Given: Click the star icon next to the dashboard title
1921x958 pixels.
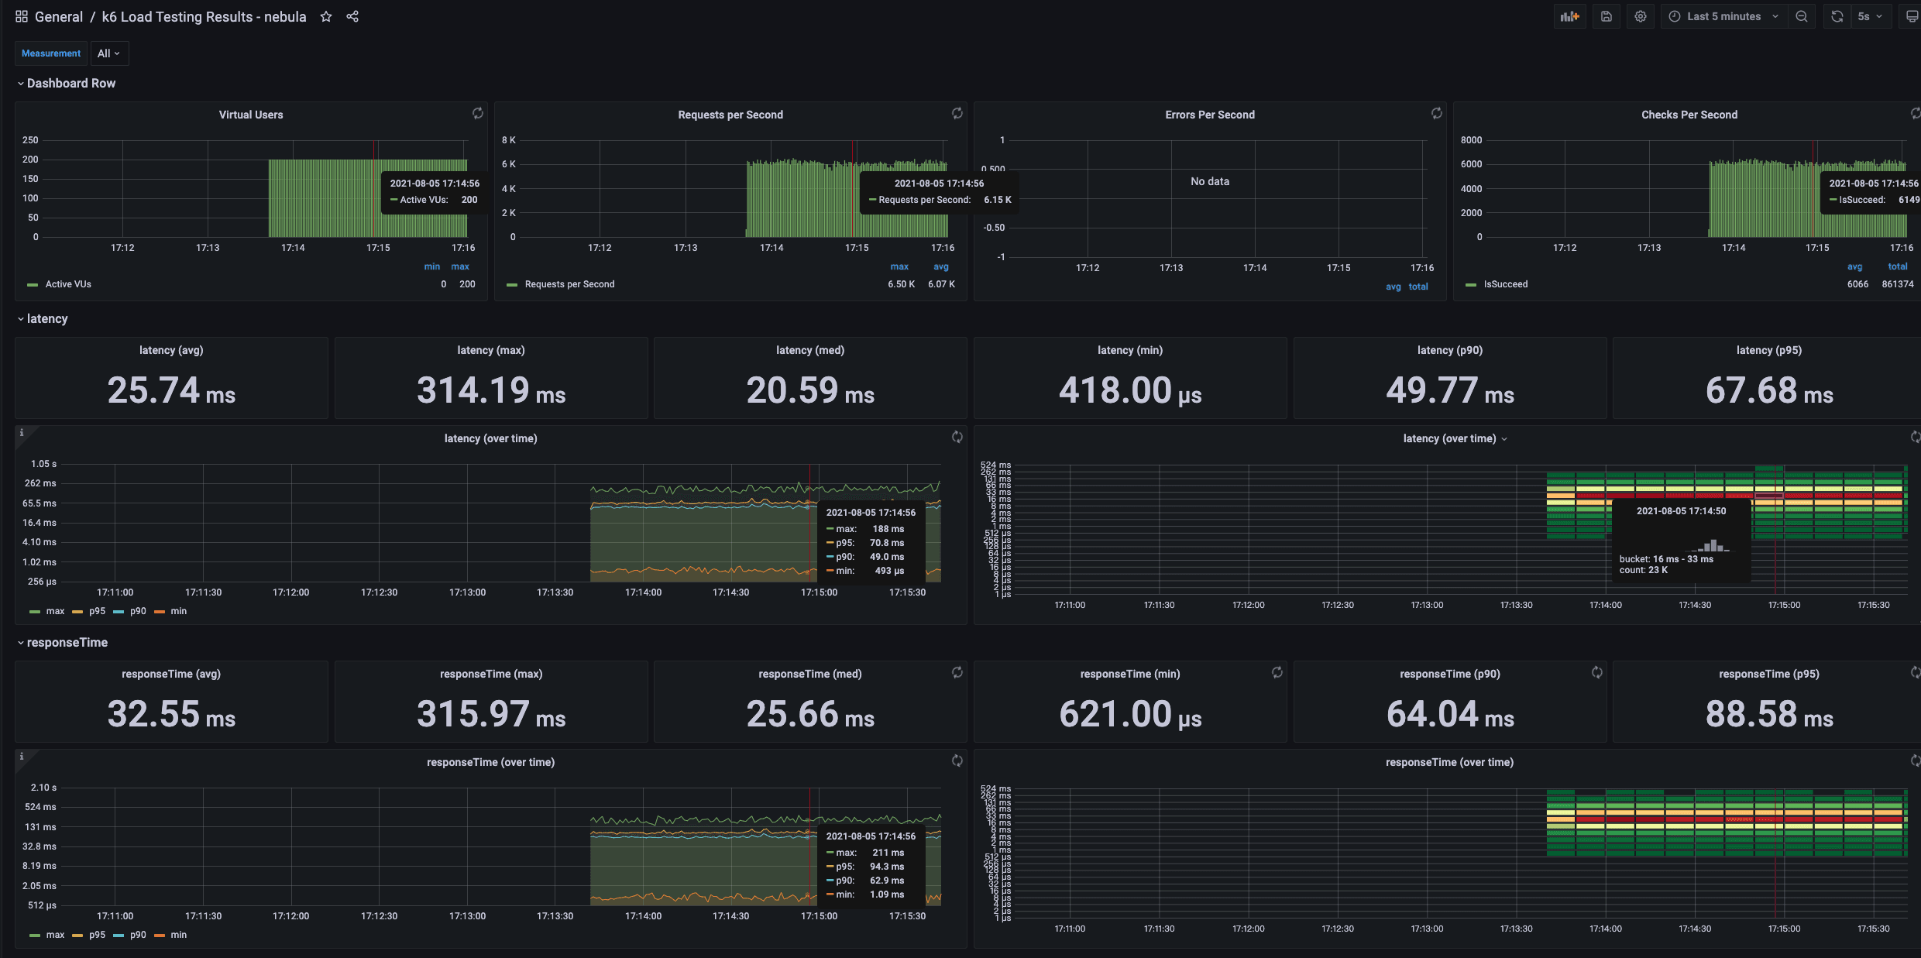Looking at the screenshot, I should coord(326,16).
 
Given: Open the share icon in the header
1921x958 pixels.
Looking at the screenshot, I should coord(352,16).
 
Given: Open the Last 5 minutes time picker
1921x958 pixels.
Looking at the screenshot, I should coord(1723,16).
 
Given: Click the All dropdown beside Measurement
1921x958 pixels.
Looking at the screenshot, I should coord(108,53).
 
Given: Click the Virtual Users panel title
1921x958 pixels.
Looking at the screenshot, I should coord(251,115).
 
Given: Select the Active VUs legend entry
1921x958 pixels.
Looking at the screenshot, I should coord(68,284).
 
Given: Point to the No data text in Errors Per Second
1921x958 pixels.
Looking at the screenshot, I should coord(1209,181).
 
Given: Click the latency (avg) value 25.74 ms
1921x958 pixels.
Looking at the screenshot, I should coord(171,390).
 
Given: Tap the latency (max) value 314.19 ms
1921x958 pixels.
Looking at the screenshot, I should coord(491,390).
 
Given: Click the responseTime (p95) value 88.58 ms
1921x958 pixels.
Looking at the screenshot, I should coord(1769,714).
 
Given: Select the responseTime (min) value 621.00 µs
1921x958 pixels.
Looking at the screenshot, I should coord(1130,714).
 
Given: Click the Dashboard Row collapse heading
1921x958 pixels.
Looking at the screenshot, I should coord(70,83).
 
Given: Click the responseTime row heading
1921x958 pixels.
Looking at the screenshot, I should coord(67,643).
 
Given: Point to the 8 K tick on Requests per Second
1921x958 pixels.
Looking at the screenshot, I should coord(508,140).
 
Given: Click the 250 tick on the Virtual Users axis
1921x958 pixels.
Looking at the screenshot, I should coord(30,140).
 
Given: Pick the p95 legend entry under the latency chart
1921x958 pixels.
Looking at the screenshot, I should coord(96,611).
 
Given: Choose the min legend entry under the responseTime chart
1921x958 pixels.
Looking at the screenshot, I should coord(178,935).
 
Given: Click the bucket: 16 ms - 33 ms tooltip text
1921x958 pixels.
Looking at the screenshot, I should coord(1665,559).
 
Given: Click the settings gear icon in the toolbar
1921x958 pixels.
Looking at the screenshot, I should coord(1640,16).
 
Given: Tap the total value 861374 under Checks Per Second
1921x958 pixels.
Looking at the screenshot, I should coord(1897,284).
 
